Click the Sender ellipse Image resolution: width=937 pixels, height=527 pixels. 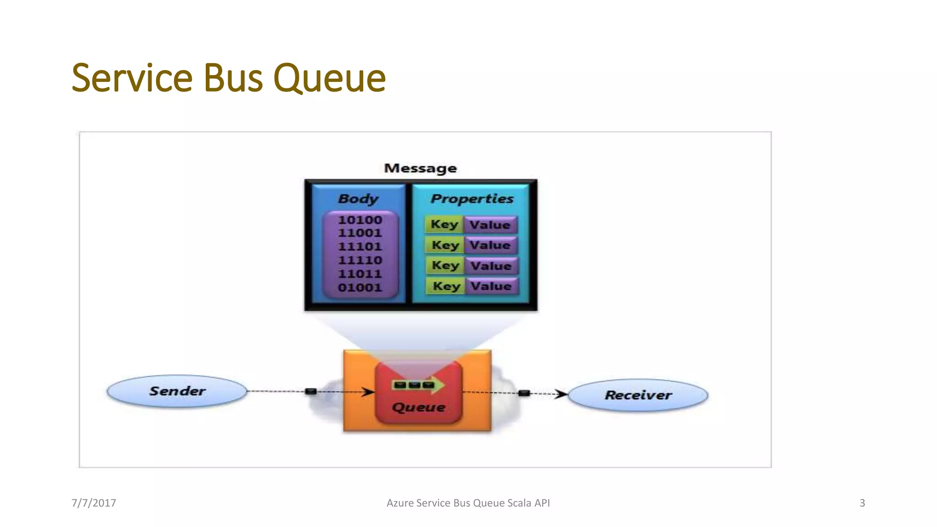click(177, 391)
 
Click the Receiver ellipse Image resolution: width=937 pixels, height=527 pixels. click(638, 395)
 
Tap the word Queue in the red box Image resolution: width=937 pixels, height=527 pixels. click(418, 407)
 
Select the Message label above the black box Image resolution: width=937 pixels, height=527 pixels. click(420, 168)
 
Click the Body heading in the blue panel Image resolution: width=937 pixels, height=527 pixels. click(358, 199)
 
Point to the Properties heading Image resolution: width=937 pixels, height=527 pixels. click(472, 199)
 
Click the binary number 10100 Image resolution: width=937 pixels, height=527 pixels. click(360, 220)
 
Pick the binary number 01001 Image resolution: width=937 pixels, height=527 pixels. click(360, 288)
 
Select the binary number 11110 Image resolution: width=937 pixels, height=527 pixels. click(360, 260)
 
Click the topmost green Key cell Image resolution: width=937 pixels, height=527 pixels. click(444, 225)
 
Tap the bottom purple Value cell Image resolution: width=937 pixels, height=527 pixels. click(491, 286)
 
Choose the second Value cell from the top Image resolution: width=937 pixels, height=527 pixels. click(490, 245)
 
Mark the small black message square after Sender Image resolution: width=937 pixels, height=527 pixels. click(311, 391)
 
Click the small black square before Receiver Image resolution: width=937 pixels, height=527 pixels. click(524, 393)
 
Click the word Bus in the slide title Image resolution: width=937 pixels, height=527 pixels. click(232, 78)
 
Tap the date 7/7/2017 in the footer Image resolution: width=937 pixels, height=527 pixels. click(94, 503)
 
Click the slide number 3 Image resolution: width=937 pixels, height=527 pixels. click(862, 503)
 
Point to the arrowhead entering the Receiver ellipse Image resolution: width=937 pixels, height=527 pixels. click(561, 394)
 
